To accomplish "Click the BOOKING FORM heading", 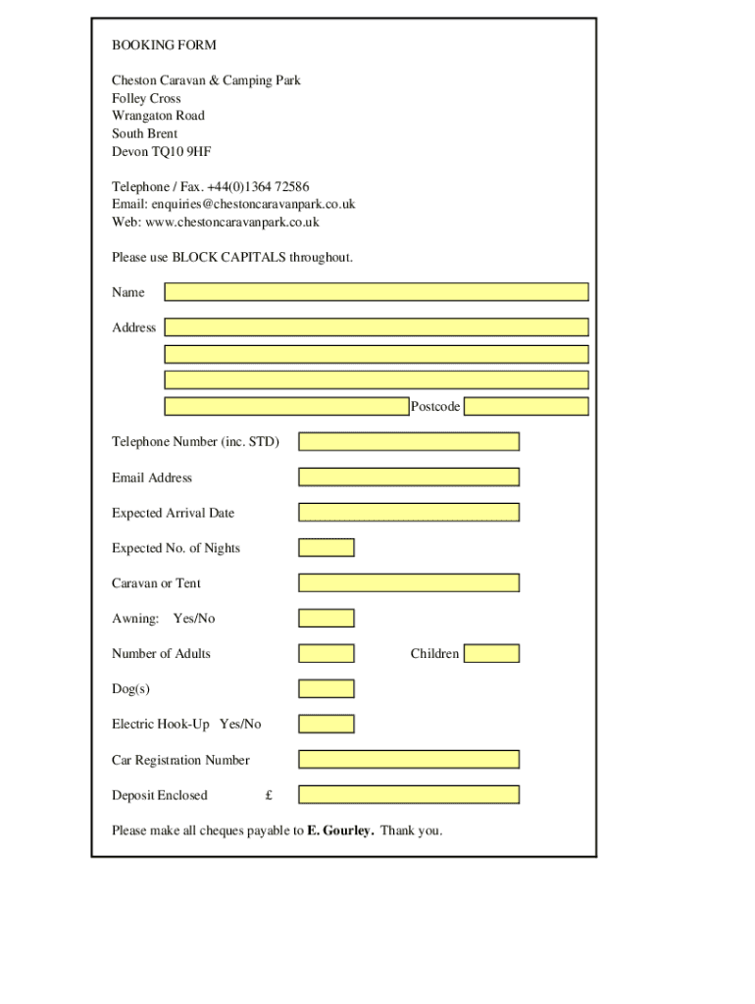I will tap(164, 45).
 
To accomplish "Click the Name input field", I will tap(377, 292).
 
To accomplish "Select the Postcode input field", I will tap(526, 407).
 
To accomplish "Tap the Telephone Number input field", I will tap(409, 442).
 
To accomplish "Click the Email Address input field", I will tap(409, 477).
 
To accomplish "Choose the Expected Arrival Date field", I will tap(409, 513).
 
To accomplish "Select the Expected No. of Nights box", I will tap(327, 548).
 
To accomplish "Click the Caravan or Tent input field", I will tap(409, 583).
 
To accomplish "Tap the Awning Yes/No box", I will tap(327, 619).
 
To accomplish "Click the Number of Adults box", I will tap(327, 654).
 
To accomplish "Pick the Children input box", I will tap(491, 654).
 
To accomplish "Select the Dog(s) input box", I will tap(327, 689).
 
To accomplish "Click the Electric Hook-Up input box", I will tap(327, 725).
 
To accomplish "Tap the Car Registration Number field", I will tap(409, 760).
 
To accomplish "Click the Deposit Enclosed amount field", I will tap(409, 795).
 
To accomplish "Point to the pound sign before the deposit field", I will tap(269, 795).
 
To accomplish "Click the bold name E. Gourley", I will tap(340, 830).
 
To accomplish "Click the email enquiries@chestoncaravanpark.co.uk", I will tap(253, 204).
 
